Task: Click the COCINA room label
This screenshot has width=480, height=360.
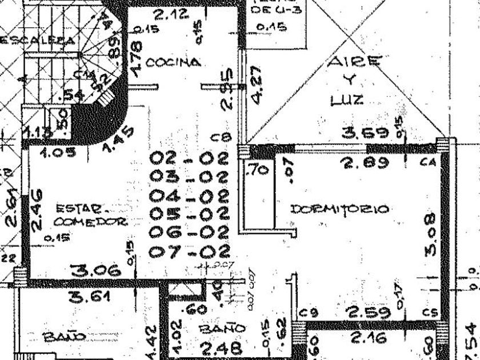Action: (x=173, y=62)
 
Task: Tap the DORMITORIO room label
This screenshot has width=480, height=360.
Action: (x=339, y=209)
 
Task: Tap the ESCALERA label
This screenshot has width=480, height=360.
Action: (x=38, y=41)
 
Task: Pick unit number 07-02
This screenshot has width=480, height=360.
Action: (x=189, y=251)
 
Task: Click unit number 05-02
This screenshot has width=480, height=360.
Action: (x=189, y=214)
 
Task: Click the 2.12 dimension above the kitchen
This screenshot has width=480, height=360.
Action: (x=171, y=15)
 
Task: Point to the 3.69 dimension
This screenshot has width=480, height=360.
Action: (x=366, y=134)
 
